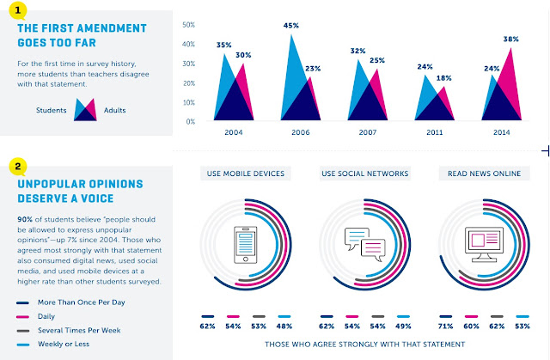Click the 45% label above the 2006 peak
291,26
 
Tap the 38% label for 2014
510,40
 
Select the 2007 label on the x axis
368,132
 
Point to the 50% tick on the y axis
189,25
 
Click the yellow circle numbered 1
17,11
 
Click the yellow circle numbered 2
17,167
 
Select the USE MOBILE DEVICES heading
246,174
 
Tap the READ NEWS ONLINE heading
484,174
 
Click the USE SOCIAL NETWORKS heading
364,174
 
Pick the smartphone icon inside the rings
246,245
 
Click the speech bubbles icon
365,244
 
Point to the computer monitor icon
484,244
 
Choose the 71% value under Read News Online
445,326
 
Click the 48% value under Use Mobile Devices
284,326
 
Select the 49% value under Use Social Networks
403,326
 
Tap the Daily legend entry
46,316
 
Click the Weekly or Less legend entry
64,345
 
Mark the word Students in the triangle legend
52,111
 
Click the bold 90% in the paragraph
25,219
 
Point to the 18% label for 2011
443,78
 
